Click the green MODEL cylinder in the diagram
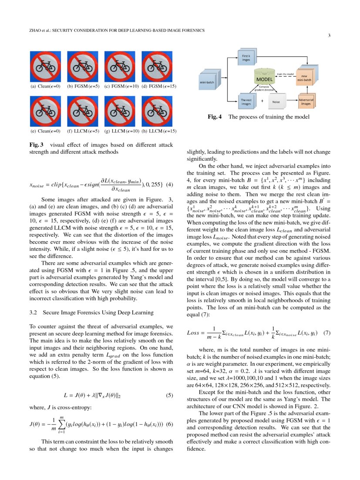click(264, 79)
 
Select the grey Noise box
click(276, 101)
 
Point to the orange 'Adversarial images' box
click(306, 102)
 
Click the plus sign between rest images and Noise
click(262, 101)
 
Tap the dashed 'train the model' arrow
click(286, 75)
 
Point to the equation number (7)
click(327, 333)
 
